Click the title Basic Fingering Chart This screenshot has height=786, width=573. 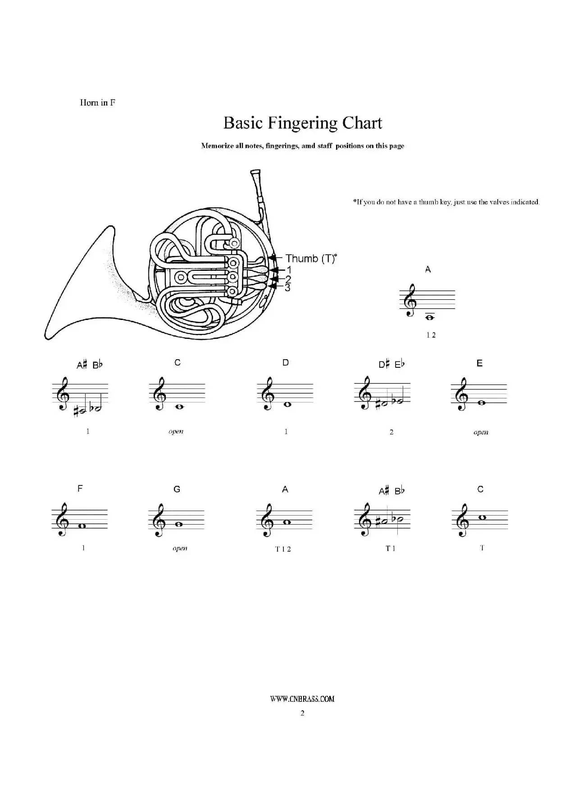click(x=303, y=123)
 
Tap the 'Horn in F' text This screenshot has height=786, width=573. click(x=97, y=103)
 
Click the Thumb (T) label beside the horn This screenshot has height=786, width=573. click(x=311, y=259)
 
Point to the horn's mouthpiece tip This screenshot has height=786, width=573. click(x=255, y=171)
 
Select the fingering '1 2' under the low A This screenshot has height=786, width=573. click(x=431, y=335)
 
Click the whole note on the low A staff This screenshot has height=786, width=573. click(x=429, y=317)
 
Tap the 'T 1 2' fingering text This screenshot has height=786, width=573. click(x=283, y=549)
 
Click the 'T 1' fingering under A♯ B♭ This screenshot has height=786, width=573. click(x=390, y=548)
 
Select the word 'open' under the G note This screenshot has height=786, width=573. click(x=180, y=548)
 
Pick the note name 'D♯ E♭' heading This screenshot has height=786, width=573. click(x=391, y=364)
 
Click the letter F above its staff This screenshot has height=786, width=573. click(x=80, y=489)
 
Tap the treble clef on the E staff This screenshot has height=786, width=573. click(x=461, y=394)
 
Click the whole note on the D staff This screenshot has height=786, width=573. click(x=287, y=404)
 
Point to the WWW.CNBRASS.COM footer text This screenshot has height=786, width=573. click(x=302, y=699)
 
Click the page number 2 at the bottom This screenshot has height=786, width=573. click(x=302, y=713)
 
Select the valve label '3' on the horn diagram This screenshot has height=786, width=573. click(x=287, y=288)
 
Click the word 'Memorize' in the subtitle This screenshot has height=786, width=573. click(x=217, y=146)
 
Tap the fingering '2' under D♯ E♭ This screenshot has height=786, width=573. click(x=391, y=432)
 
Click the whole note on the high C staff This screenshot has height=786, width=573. click(x=482, y=517)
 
